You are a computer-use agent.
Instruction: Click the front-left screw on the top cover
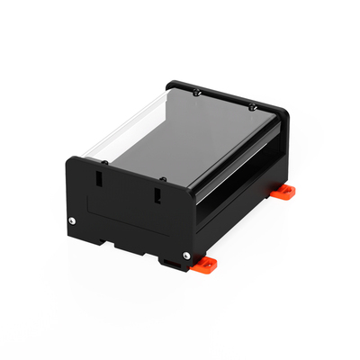click(104, 163)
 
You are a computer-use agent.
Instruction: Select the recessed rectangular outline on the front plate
click(126, 216)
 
